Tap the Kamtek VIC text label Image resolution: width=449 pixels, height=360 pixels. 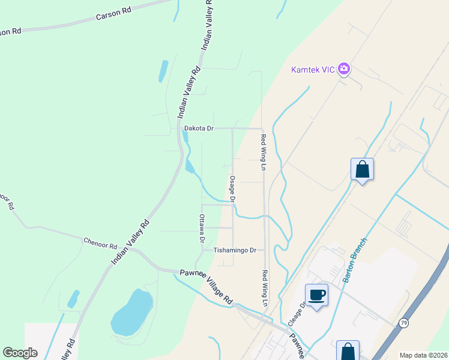313,69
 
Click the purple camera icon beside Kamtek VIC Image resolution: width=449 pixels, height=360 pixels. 344,69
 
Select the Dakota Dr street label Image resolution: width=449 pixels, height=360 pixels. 199,128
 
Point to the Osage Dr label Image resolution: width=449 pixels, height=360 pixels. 232,188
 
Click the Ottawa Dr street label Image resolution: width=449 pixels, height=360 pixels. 202,228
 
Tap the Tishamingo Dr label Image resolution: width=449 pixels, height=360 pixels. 235,250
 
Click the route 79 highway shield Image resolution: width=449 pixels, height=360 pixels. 404,323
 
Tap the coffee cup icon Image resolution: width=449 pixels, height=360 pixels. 317,295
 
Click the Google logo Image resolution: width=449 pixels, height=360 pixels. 20,352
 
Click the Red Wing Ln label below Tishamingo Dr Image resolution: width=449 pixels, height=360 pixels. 264,287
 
